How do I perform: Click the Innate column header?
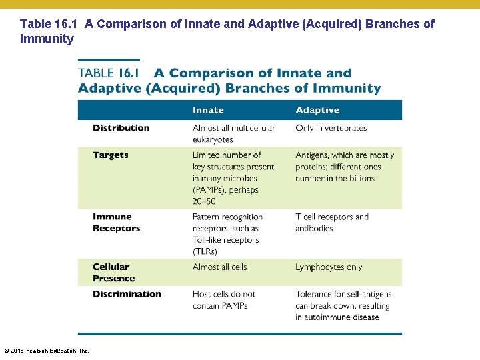click(208, 110)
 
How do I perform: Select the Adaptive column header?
click(317, 110)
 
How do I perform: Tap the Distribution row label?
click(121, 128)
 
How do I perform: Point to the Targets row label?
click(111, 155)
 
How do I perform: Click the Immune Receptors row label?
click(117, 223)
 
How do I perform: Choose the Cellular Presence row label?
click(113, 273)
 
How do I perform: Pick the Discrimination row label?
click(127, 294)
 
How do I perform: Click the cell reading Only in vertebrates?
click(331, 128)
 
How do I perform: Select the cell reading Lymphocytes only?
click(329, 267)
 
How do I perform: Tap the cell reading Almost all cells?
click(219, 267)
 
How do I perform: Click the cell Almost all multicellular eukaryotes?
click(233, 133)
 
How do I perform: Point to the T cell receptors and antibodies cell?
click(332, 223)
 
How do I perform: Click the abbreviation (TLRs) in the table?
click(205, 251)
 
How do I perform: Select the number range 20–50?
click(203, 201)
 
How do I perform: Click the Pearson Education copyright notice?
click(47, 351)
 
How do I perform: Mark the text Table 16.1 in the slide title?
click(49, 24)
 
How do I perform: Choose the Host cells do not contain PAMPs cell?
click(224, 300)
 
